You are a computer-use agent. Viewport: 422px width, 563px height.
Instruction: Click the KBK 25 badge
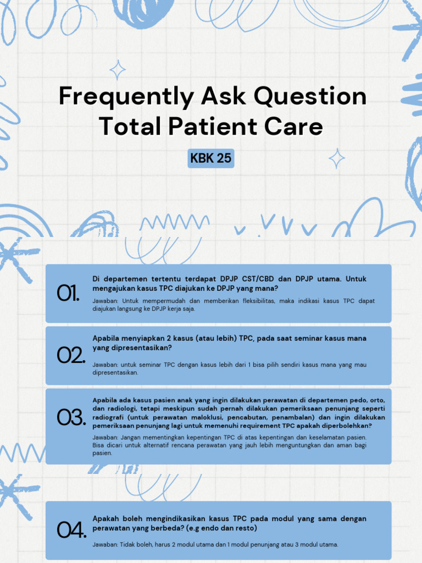(211, 159)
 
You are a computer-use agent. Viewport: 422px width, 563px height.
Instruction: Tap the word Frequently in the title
(126, 97)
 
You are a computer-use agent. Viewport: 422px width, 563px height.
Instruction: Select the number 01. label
(68, 294)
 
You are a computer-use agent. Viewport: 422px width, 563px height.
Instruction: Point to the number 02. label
(71, 356)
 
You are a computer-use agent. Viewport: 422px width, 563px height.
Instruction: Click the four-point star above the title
(117, 70)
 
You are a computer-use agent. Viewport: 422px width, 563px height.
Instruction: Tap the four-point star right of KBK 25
(337, 159)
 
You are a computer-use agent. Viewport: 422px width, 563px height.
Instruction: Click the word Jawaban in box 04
(104, 545)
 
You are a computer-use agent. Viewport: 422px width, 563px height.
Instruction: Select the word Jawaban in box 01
(104, 301)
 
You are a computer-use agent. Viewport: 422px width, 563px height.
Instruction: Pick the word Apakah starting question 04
(105, 518)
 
